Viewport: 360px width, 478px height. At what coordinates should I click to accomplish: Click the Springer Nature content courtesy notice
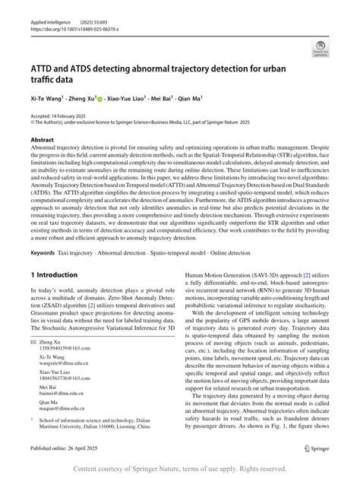(x=180, y=468)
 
